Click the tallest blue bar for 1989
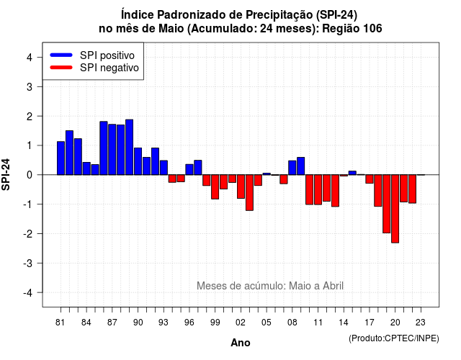(129, 147)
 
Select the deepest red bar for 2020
(395, 209)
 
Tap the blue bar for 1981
(61, 158)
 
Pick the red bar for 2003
(249, 192)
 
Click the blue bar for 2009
(301, 166)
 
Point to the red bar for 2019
(386, 204)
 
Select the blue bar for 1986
(104, 148)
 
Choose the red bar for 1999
(215, 187)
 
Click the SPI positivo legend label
(107, 55)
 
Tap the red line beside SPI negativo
(61, 68)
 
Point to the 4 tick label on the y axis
(30, 58)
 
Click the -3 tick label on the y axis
(27, 263)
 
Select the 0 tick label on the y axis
(30, 175)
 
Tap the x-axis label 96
(189, 323)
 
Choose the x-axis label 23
(421, 323)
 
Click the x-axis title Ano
(240, 343)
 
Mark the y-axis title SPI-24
(6, 174)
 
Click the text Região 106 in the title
(352, 29)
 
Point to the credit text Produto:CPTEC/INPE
(394, 338)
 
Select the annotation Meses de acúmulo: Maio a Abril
(270, 286)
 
